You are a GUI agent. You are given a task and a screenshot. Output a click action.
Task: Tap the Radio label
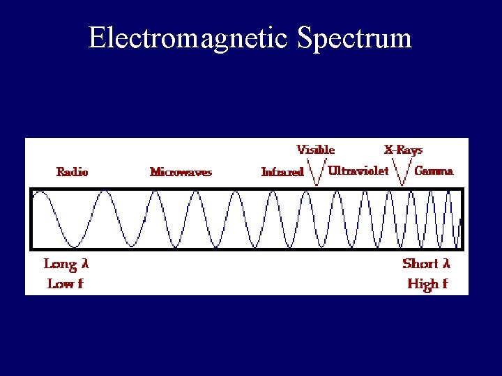pos(73,171)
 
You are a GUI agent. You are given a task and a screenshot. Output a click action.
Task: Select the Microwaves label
pos(181,172)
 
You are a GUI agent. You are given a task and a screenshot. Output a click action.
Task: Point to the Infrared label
pos(282,172)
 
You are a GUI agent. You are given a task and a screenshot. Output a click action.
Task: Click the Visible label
pos(316,150)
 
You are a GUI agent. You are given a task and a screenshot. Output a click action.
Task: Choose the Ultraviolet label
pos(358,171)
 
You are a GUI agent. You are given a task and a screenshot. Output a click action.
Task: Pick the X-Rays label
pos(403,150)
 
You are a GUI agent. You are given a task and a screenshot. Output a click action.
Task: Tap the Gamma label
pos(434,171)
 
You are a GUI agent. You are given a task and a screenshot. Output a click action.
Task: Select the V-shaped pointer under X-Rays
pos(402,174)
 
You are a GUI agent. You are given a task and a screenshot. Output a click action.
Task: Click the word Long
pos(60,264)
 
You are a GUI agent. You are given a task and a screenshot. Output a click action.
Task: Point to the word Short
pos(420,264)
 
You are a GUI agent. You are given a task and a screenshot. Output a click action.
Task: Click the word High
pos(423,283)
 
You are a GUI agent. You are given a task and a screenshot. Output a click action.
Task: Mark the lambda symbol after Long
pos(86,264)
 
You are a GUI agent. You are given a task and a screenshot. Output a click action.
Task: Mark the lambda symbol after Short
pos(447,264)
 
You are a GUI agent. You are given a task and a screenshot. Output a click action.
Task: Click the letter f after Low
pos(80,283)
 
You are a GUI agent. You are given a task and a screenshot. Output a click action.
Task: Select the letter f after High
pos(445,283)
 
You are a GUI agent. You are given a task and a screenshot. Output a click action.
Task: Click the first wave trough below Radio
pos(73,246)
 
